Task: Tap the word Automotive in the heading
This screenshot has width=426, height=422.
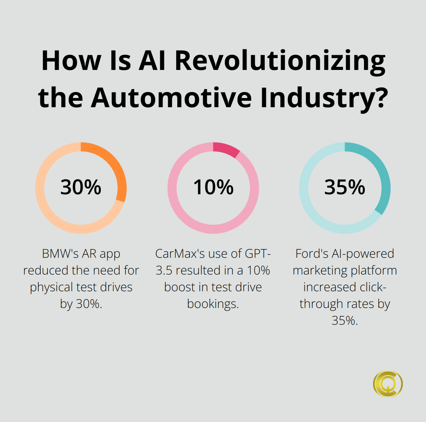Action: [171, 97]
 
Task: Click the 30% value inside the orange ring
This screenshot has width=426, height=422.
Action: [81, 187]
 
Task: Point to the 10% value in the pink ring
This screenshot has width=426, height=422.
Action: [213, 187]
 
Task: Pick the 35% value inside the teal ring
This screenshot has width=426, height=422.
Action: [345, 187]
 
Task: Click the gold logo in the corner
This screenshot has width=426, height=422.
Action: [388, 384]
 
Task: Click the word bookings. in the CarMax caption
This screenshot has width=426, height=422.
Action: [213, 304]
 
